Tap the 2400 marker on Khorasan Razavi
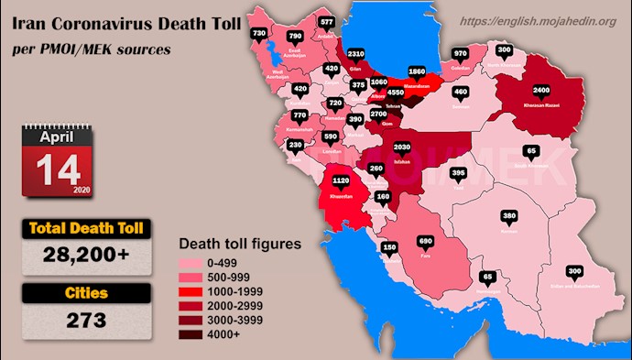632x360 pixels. click(x=541, y=91)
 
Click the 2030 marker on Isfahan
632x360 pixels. click(x=400, y=147)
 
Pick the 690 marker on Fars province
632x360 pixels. click(x=425, y=241)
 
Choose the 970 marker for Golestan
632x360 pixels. click(x=460, y=53)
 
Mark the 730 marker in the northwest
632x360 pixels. click(x=258, y=33)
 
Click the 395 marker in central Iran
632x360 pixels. click(x=459, y=173)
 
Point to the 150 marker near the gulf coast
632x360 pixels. click(x=389, y=247)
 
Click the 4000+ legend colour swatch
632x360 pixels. click(x=198, y=334)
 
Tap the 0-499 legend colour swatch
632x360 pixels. click(x=198, y=261)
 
